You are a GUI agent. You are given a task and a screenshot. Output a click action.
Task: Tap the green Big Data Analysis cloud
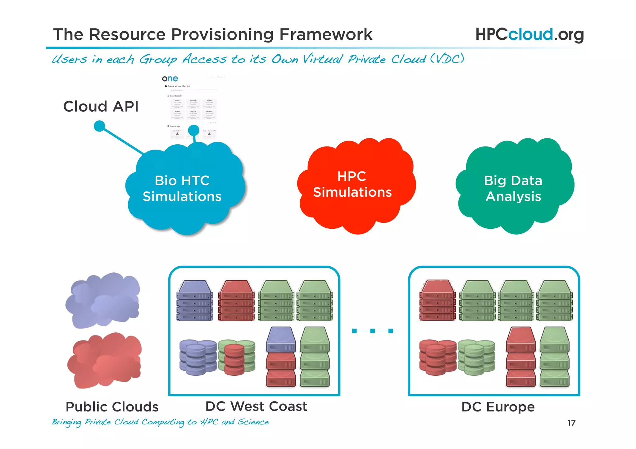[x=514, y=188]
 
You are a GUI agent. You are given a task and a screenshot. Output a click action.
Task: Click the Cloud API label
[x=101, y=106]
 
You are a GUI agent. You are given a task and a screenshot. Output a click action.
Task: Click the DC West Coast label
[x=256, y=406]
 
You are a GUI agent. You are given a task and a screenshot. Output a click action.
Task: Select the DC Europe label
[x=498, y=407]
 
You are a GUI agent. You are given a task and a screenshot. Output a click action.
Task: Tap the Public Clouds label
[x=112, y=407]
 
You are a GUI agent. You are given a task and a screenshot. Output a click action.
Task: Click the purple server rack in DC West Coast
[x=195, y=300]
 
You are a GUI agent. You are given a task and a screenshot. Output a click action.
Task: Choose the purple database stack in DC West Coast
[x=198, y=357]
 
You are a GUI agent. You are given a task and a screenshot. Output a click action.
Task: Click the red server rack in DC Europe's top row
[x=438, y=300]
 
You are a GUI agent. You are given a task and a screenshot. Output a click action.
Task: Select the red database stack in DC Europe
[x=437, y=357]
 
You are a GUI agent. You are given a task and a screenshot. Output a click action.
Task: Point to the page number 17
[x=571, y=423]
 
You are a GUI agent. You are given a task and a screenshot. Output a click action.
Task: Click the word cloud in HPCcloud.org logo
[x=530, y=34]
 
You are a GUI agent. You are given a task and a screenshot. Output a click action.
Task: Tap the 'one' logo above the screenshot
[x=170, y=79]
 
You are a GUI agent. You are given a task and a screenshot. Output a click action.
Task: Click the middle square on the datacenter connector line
[x=372, y=331]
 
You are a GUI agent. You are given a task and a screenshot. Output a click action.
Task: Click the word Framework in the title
[x=326, y=34]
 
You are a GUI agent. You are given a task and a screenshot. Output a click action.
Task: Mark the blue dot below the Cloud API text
[x=99, y=126]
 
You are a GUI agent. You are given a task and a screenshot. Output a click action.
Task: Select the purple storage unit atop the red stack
[x=281, y=339]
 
